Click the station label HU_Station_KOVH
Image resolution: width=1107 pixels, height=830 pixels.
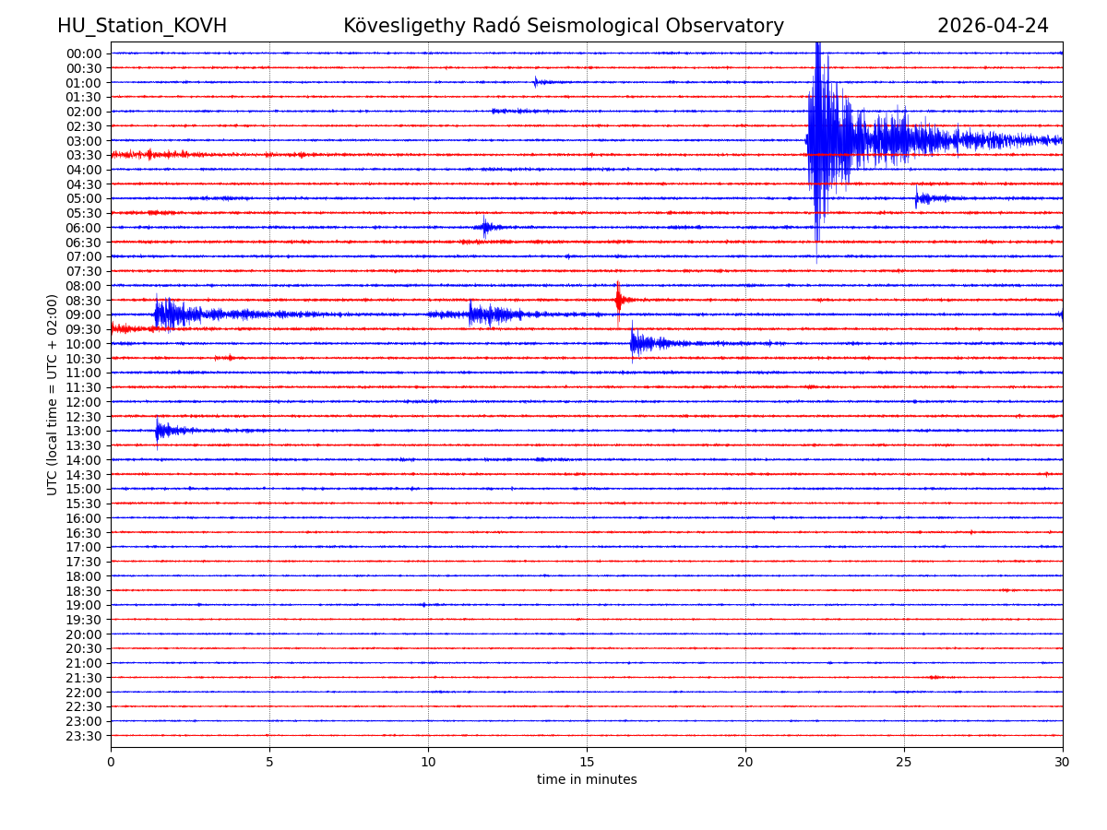click(x=142, y=26)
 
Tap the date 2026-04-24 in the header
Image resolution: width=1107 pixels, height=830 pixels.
click(x=993, y=26)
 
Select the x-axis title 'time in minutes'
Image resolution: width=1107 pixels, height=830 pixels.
click(x=587, y=780)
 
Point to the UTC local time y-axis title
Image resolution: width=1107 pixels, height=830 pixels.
click(x=53, y=395)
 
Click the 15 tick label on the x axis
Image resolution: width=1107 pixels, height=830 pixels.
click(x=587, y=762)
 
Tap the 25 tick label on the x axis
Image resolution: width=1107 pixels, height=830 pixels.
click(x=904, y=762)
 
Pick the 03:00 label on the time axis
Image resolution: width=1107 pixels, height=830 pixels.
click(x=84, y=141)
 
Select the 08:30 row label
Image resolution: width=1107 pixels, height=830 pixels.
click(x=84, y=301)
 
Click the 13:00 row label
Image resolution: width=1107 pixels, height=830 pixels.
click(x=84, y=432)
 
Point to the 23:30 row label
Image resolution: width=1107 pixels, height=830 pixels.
click(x=84, y=736)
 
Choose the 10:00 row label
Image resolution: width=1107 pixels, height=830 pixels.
click(x=84, y=344)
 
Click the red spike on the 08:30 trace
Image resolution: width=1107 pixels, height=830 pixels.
click(x=618, y=299)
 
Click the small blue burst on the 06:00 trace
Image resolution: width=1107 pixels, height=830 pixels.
click(x=485, y=227)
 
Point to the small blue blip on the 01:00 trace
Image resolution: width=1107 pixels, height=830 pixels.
click(x=536, y=82)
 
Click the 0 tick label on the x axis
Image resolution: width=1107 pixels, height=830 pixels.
click(x=111, y=762)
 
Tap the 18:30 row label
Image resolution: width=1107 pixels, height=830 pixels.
click(x=84, y=591)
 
